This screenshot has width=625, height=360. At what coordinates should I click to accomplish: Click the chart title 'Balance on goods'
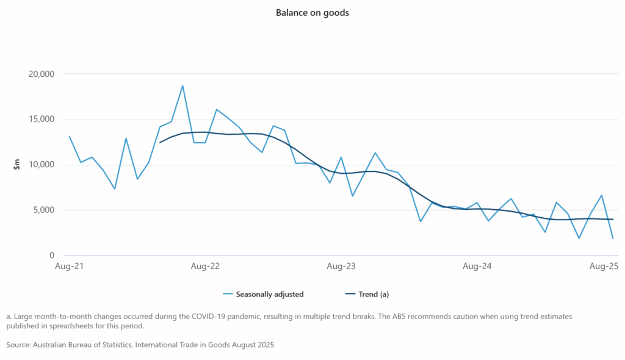pos(312,12)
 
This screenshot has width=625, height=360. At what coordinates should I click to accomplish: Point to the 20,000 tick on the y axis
pos(41,74)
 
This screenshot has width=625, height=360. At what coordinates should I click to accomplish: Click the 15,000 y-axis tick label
pos(41,120)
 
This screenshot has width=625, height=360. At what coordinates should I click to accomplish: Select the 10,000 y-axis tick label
pos(41,165)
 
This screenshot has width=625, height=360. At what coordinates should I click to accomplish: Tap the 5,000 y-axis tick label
pos(43,210)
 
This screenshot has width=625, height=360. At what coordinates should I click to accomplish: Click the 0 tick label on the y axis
pos(52,256)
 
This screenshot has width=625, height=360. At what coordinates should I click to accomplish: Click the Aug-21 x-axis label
pos(70,267)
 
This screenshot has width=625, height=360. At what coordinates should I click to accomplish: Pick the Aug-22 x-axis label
pos(205,267)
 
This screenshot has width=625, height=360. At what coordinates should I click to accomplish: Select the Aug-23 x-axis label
pos(341,267)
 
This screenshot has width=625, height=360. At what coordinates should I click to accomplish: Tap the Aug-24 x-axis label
pos(477,267)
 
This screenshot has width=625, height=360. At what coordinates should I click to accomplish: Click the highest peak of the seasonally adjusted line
pos(182,85)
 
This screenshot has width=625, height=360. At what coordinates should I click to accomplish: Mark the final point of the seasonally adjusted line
pos(613,239)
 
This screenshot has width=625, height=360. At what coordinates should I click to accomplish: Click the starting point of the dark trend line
pos(160,142)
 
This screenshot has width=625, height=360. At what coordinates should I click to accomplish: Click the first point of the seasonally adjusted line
pos(70,137)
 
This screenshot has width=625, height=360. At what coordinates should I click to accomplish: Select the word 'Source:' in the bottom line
pos(20,345)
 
